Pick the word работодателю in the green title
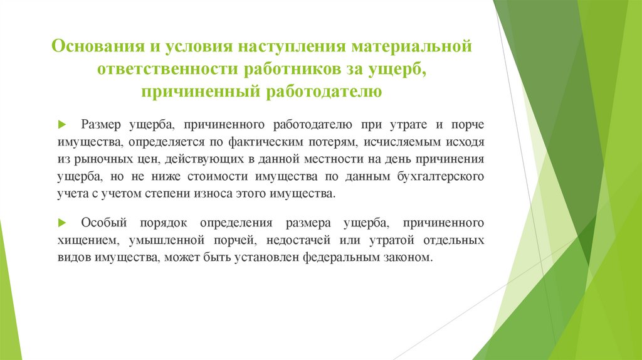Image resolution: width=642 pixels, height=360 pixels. (325, 93)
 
